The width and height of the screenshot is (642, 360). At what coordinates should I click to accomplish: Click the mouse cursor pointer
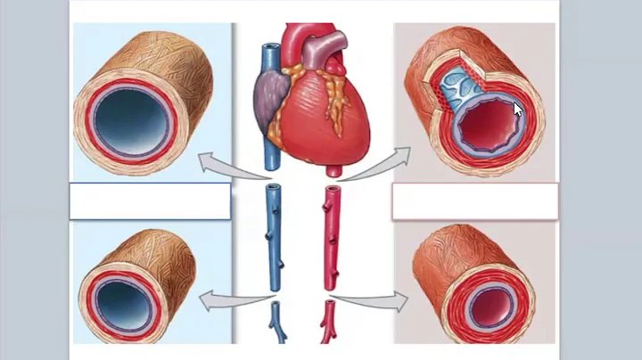pyautogui.click(x=518, y=109)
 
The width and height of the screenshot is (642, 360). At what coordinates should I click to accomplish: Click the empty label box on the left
pyautogui.click(x=150, y=201)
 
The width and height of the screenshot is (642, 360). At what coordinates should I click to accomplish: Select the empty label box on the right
pyautogui.click(x=474, y=201)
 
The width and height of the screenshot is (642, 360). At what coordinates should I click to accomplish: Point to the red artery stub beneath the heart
pyautogui.click(x=332, y=168)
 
